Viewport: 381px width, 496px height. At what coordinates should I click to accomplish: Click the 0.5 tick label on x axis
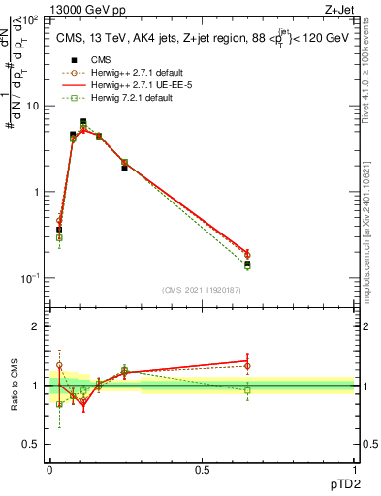tap(202, 469)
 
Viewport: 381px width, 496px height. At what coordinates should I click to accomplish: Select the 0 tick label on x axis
tap(49, 469)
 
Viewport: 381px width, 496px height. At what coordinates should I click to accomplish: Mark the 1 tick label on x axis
tap(354, 469)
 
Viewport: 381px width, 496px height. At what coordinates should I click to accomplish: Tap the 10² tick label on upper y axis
tap(31, 19)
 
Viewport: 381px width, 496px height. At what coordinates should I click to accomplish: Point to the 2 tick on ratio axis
tap(39, 326)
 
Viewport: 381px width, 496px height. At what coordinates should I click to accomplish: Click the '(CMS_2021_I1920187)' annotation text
tap(201, 290)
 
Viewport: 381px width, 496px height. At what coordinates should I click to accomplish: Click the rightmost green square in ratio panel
tap(247, 390)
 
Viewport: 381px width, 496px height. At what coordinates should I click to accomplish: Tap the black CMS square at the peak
tap(83, 122)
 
